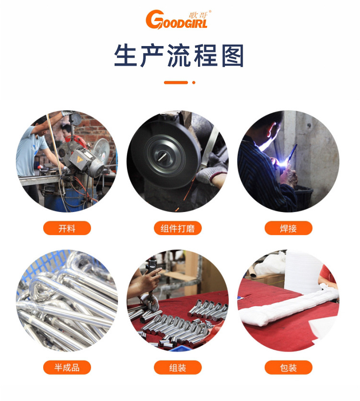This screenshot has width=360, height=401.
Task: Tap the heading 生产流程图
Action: pos(179,56)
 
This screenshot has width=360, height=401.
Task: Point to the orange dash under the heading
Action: pos(176,83)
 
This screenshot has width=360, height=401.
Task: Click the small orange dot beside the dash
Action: pos(194,83)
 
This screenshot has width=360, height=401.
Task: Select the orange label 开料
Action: pos(67,228)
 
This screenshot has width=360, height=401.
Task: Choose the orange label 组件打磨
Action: pos(177,228)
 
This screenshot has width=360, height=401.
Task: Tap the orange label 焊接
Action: pos(288,228)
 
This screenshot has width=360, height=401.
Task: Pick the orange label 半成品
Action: pos(67,368)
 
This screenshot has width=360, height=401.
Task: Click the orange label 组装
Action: pos(177,368)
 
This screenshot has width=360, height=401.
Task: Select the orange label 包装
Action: pos(288,368)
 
